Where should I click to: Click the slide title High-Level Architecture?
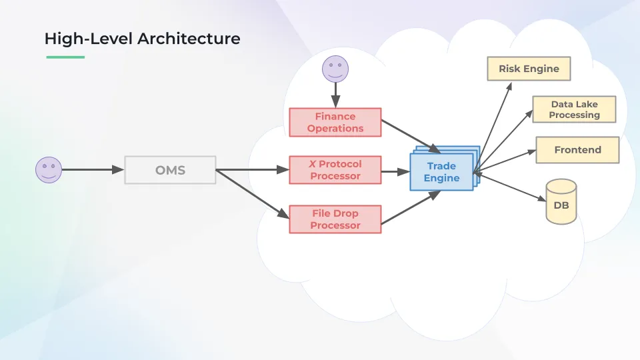point(142,39)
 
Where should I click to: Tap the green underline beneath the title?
point(65,57)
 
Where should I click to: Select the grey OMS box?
point(170,170)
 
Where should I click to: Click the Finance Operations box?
point(335,122)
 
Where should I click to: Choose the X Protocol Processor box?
point(335,170)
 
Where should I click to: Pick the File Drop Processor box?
point(335,219)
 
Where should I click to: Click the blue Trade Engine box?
point(441,172)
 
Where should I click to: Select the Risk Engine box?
point(529,69)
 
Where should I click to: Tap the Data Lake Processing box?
point(574,109)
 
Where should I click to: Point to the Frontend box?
point(577,150)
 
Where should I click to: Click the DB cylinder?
point(561,202)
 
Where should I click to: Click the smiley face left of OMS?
point(48,170)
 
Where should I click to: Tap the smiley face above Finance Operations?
point(335,68)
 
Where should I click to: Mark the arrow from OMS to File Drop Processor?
point(252,195)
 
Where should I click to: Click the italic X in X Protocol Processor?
point(312,164)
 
